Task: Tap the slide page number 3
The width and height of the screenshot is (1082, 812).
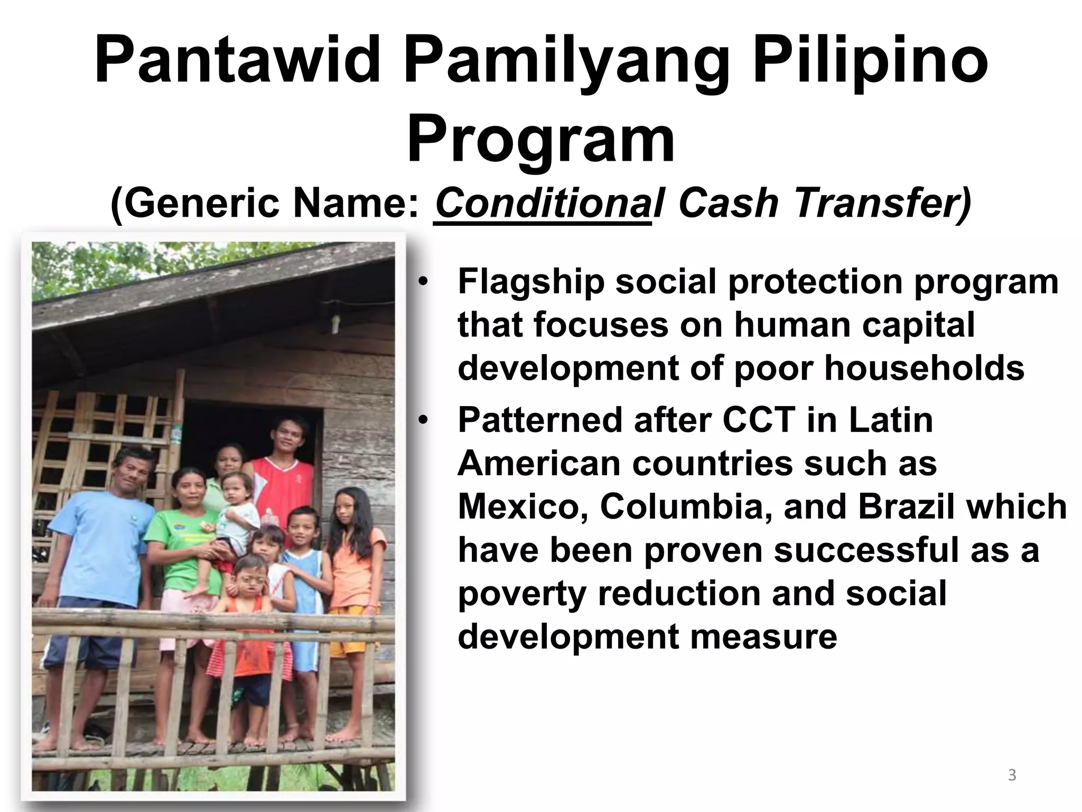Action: point(1012,775)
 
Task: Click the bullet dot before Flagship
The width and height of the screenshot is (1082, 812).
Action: point(423,282)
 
